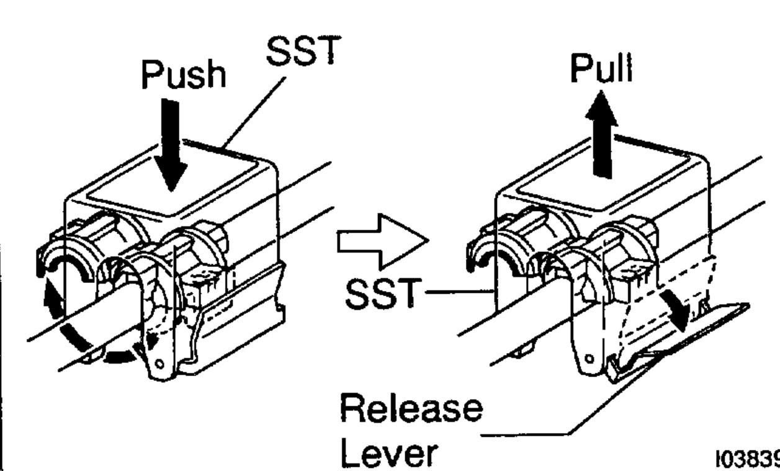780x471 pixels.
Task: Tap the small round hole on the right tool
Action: (589, 359)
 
